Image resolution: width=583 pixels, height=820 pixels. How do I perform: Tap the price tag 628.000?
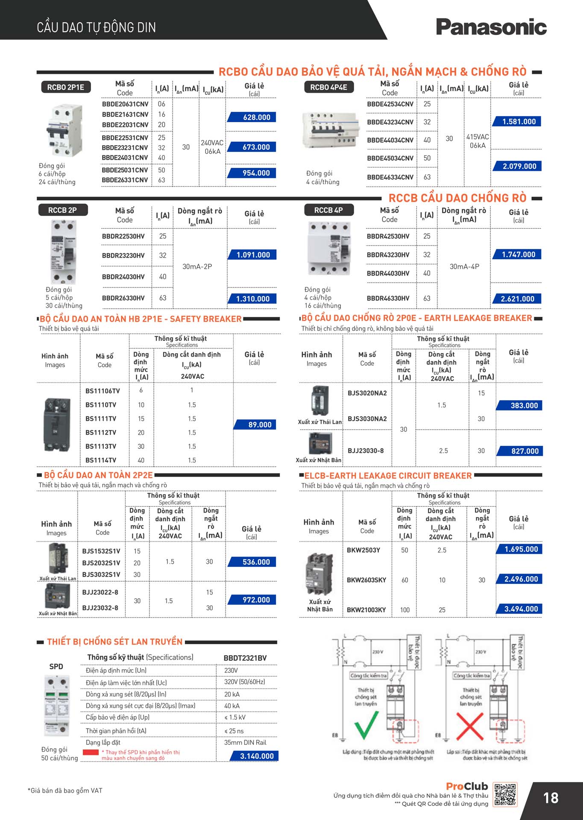click(256, 117)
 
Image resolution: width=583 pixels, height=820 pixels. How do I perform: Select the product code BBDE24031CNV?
click(125, 158)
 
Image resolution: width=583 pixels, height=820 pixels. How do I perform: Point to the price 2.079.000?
click(519, 166)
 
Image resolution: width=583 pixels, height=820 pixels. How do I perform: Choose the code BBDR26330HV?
click(123, 298)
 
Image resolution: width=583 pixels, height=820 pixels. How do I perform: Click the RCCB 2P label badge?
click(62, 210)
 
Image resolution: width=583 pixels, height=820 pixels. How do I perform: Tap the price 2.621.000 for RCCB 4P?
click(517, 299)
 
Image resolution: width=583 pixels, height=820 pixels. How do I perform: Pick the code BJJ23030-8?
click(366, 451)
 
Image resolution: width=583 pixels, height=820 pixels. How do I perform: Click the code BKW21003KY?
click(366, 610)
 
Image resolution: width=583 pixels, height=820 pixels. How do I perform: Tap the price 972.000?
click(256, 600)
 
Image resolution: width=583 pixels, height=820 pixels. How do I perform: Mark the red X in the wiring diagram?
click(470, 726)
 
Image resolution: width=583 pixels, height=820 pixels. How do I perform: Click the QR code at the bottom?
click(505, 795)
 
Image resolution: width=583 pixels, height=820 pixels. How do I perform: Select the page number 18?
click(551, 798)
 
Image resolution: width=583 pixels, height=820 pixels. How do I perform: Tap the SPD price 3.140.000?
click(257, 756)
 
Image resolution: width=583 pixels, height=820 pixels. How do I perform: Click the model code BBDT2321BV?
click(245, 658)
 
